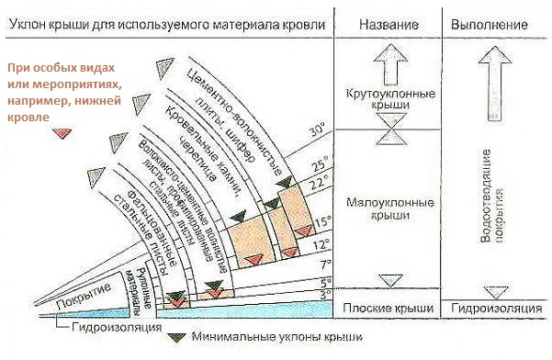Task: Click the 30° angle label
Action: pos(317,130)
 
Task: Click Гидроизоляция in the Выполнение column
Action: pos(496,308)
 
